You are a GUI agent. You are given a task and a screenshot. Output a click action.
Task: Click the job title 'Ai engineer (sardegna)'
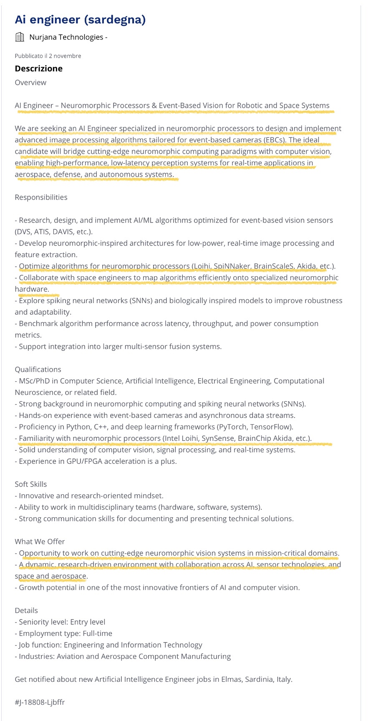click(80, 20)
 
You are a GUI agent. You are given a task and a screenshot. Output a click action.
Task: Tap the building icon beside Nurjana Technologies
click(20, 37)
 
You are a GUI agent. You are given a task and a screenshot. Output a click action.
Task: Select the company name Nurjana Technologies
click(66, 37)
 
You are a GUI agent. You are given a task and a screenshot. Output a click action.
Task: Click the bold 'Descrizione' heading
click(38, 68)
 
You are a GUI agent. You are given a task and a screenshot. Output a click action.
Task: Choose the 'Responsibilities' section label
click(41, 197)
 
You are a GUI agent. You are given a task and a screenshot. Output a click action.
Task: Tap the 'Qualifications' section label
click(38, 369)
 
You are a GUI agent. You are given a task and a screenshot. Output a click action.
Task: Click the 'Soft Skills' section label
click(31, 484)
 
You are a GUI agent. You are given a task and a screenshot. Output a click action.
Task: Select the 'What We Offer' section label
click(40, 541)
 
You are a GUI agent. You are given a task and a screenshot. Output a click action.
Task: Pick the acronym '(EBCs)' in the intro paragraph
click(274, 140)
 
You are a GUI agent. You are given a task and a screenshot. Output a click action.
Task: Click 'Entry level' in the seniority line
click(88, 622)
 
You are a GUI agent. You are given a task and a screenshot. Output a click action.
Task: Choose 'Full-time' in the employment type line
click(97, 633)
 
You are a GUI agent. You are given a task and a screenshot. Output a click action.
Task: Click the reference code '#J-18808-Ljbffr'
click(40, 702)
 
